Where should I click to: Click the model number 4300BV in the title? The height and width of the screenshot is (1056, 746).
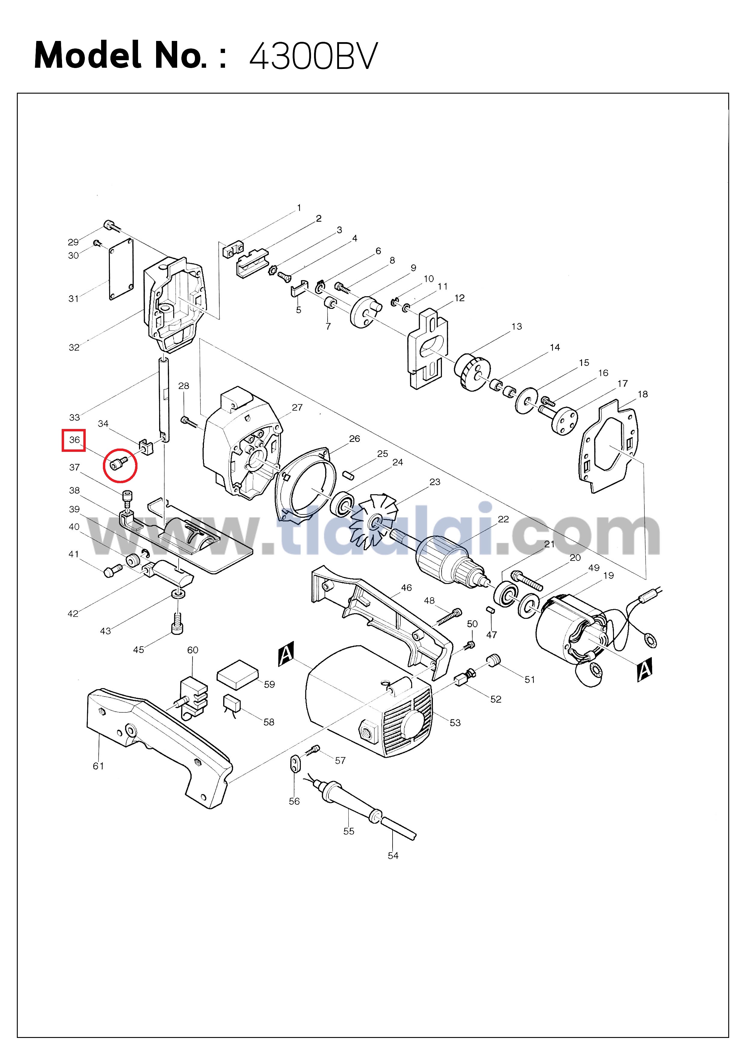[x=313, y=56]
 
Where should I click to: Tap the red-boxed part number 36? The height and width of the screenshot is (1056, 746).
[x=74, y=440]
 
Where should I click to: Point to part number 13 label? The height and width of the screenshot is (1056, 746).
[x=517, y=327]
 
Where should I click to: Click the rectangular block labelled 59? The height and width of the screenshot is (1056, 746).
[x=237, y=674]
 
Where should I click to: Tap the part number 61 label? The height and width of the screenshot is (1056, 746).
[x=98, y=766]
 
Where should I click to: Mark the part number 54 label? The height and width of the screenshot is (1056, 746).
[x=393, y=856]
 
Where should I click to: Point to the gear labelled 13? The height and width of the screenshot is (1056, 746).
[x=471, y=372]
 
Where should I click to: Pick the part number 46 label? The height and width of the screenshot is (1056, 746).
[x=406, y=588]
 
